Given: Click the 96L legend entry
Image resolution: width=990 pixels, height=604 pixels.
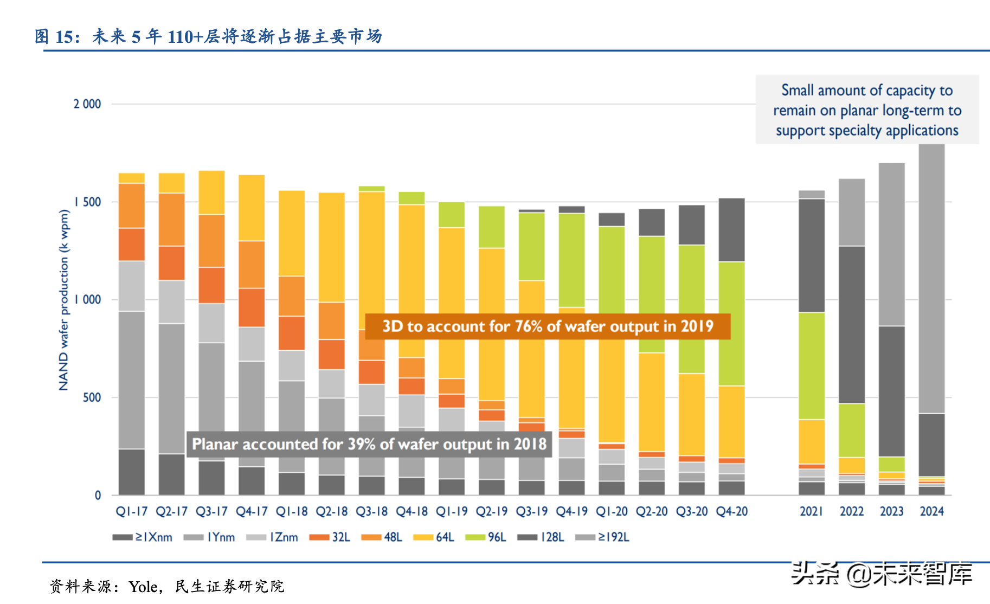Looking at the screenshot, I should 486,537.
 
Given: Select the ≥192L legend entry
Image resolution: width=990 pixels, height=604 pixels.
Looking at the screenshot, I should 603,537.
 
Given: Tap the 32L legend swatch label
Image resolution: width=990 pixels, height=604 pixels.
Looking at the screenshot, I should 330,537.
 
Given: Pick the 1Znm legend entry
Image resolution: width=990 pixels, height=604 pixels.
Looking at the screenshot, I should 273,537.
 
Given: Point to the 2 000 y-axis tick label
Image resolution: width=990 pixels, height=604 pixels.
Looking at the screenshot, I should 87,104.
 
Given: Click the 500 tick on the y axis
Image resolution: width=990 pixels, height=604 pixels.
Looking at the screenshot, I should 92,397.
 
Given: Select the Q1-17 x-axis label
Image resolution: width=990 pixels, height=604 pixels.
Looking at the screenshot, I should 132,511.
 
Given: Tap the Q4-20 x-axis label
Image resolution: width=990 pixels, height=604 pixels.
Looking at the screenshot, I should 732,511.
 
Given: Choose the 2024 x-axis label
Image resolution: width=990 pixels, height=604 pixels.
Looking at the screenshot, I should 931,511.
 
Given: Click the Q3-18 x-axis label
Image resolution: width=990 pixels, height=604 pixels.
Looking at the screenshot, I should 372,511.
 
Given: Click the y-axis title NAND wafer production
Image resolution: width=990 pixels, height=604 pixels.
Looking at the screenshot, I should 64,300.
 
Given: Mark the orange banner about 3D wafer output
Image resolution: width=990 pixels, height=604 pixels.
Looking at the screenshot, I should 548,326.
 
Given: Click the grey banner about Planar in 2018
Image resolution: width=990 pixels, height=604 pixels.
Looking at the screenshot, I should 369,444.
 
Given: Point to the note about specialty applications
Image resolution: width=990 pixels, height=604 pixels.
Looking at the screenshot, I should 867,110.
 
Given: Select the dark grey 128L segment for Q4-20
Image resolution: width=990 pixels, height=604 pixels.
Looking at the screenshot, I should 732,230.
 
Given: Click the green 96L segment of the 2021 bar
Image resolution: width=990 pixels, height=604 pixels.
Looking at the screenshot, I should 812,365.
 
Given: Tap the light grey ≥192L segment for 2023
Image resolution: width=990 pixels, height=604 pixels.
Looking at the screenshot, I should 892,244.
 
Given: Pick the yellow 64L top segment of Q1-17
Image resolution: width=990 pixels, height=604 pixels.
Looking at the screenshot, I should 132,178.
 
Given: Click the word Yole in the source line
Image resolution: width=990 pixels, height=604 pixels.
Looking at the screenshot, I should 143,587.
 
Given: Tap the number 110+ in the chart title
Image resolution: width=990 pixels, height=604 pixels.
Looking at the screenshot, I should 185,37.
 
